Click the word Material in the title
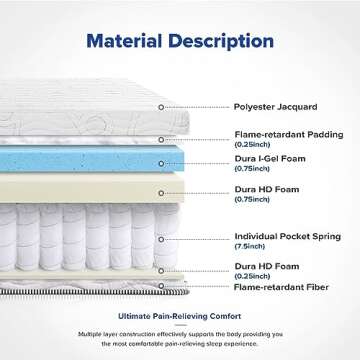click(x=127, y=43)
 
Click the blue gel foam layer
click(x=100, y=160)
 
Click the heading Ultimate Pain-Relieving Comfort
click(x=180, y=312)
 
